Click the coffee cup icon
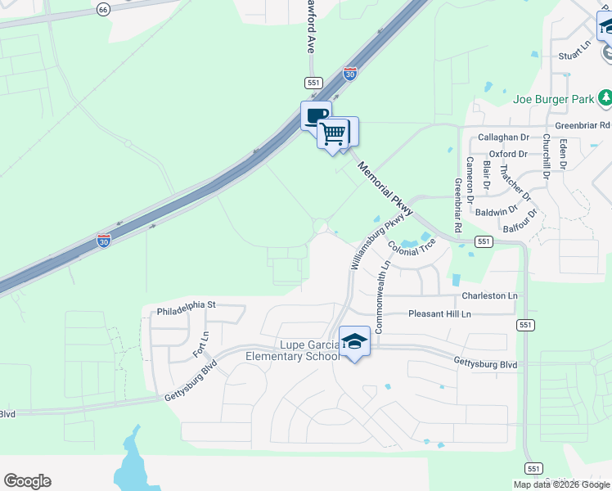[x=316, y=115]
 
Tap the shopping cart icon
[x=333, y=132]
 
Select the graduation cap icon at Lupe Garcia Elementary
[x=355, y=341]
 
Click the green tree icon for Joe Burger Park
[x=605, y=99]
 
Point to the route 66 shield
[x=102, y=9]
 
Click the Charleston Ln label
[x=489, y=295]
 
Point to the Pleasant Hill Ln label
[x=440, y=314]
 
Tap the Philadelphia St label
[x=185, y=305]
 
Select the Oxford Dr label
[x=508, y=154]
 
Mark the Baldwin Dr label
[x=497, y=212]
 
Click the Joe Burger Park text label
[x=553, y=100]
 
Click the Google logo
[x=27, y=481]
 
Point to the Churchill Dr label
[x=546, y=155]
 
